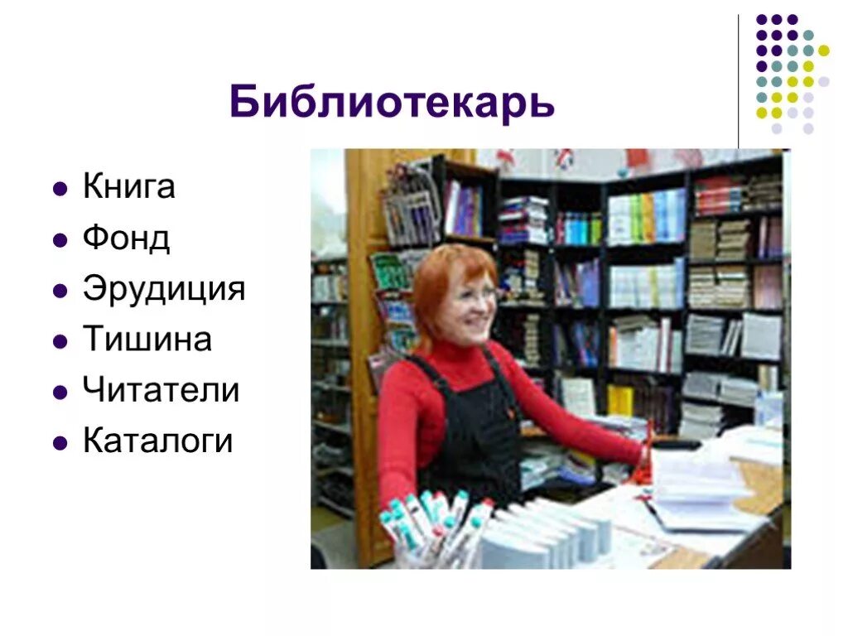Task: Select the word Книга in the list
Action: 128,187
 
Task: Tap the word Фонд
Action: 126,238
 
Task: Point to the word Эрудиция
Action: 164,289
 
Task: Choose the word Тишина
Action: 147,340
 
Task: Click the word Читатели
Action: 161,390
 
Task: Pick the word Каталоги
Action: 157,441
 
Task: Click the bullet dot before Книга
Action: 59,190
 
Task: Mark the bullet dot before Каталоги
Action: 59,443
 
